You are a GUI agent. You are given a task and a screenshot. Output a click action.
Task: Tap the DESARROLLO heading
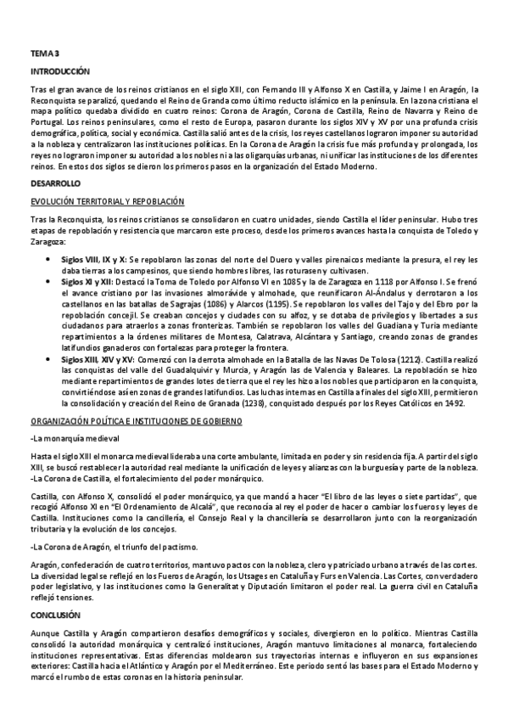point(55,183)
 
